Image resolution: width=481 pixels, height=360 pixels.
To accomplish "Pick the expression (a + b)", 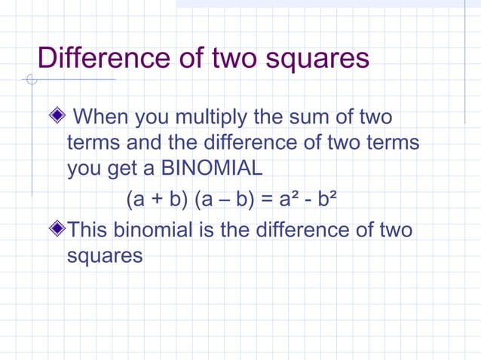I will tap(157, 200).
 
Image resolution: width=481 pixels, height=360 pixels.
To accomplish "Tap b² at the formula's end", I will tap(327, 200).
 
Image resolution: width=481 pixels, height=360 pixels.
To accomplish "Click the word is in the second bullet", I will tap(206, 229).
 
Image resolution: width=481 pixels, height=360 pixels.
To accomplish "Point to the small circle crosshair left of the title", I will tap(31, 79).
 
